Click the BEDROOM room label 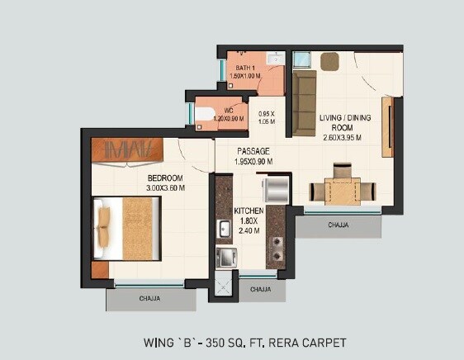[x=165, y=178]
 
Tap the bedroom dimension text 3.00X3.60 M [x=165, y=188]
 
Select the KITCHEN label [x=248, y=212]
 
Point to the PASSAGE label [x=253, y=151]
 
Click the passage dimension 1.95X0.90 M [x=253, y=161]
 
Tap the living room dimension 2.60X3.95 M [x=346, y=139]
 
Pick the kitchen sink [x=223, y=229]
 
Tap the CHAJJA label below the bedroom [x=149, y=298]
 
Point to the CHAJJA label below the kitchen [x=261, y=289]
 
